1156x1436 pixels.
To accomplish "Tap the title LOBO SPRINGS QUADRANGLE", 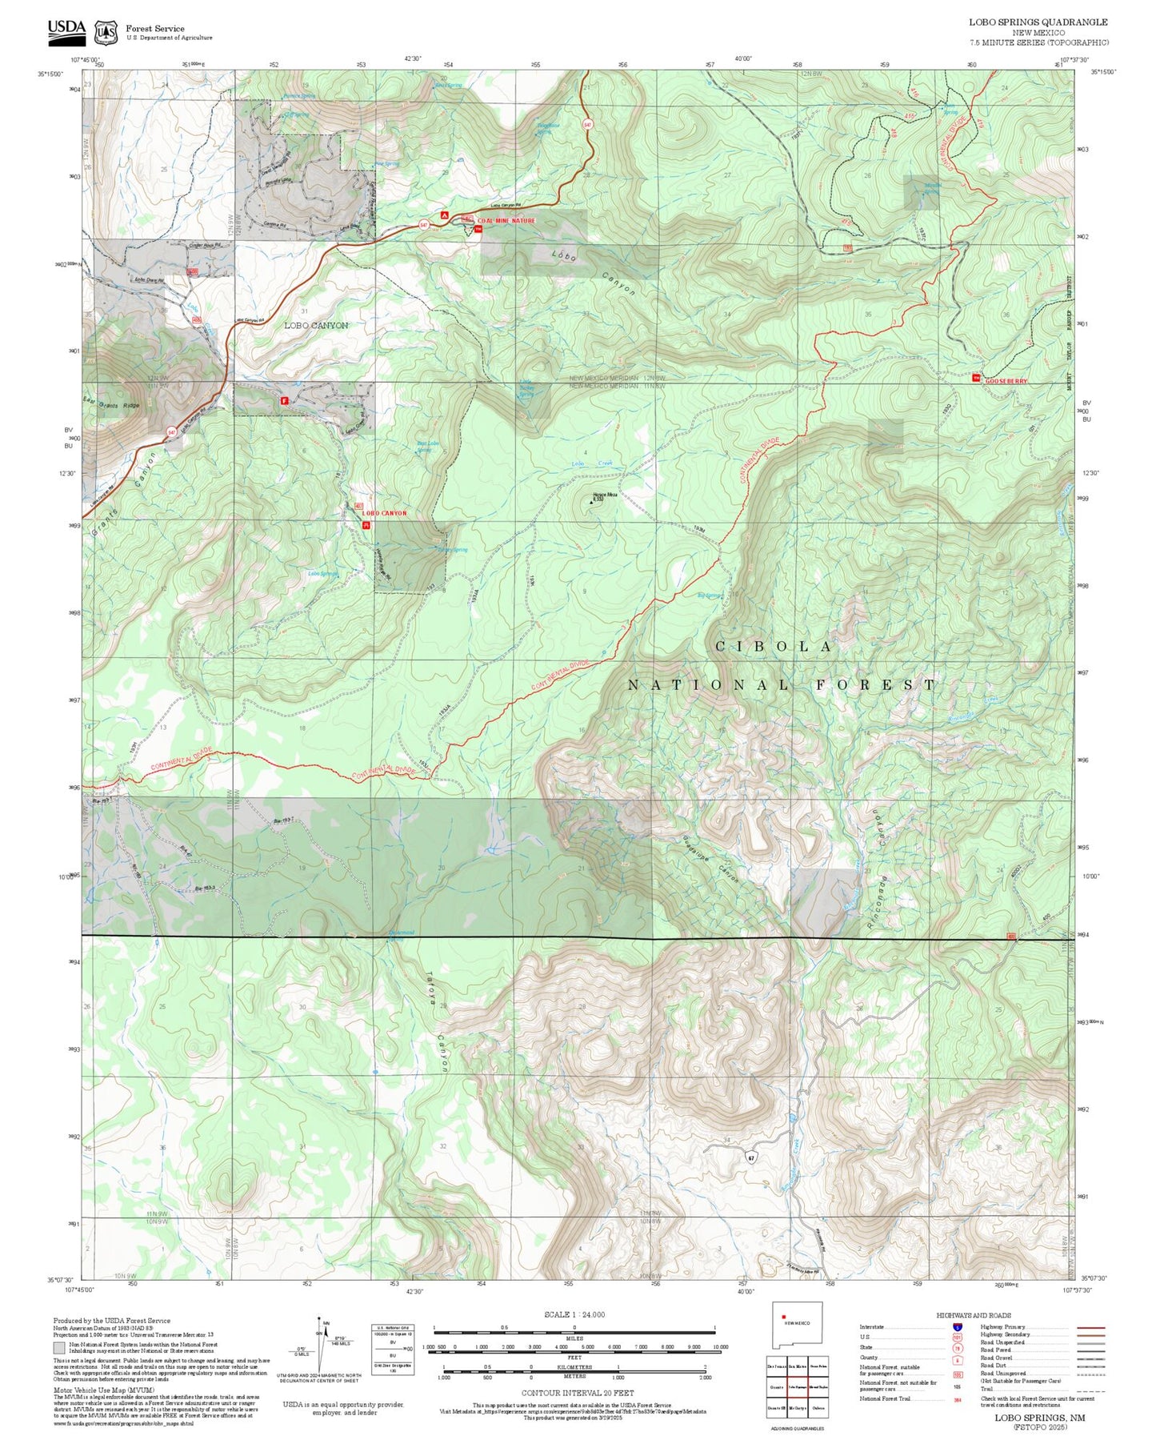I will pos(1038,22).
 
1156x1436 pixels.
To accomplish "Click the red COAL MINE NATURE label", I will pos(506,220).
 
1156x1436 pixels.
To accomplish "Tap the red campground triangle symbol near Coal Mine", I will pos(445,215).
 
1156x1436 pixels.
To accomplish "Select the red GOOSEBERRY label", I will pos(1006,382).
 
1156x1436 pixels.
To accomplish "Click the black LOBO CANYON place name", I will pos(316,326).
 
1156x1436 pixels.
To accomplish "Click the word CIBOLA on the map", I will pos(774,647).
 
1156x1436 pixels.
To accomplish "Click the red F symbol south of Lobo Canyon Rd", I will pos(284,402).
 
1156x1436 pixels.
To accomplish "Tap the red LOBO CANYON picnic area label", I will pos(384,513).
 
